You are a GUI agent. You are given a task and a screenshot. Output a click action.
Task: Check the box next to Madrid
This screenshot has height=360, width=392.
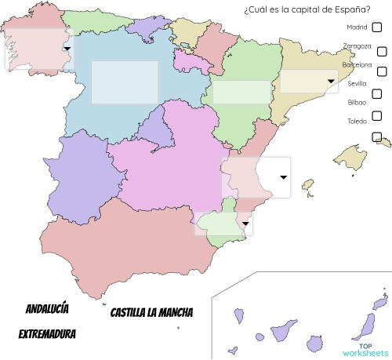377,27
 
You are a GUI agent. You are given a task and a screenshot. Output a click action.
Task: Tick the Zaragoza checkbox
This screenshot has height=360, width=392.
382,51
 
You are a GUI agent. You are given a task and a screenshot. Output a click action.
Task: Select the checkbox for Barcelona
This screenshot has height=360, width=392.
382,71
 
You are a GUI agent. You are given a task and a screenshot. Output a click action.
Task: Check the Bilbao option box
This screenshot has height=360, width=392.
377,115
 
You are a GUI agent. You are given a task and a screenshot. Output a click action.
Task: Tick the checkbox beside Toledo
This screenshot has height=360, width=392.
377,136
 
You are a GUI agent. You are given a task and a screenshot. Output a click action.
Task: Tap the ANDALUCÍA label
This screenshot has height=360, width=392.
47,307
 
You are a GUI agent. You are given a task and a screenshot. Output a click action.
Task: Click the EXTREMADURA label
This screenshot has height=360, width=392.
47,334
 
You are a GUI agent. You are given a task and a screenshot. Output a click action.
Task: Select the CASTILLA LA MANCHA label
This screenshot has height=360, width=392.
151,312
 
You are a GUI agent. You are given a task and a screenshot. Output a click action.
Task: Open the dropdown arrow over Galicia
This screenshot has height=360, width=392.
67,48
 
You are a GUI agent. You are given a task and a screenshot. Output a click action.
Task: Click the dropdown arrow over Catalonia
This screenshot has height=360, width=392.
332,81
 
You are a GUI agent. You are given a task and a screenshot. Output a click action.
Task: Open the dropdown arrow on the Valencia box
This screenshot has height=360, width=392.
283,177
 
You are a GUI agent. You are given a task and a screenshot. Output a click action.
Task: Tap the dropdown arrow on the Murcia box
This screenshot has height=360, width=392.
246,224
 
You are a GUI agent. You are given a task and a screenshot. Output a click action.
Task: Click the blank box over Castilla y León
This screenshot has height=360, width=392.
125,82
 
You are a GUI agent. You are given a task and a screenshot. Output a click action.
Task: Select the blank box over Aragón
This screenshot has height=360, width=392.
241,91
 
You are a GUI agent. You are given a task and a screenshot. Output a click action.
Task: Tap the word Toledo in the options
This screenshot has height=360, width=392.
357,122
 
